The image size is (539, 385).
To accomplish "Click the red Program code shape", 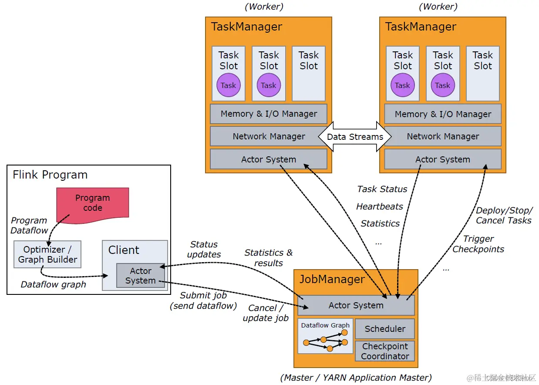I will pos(92,203).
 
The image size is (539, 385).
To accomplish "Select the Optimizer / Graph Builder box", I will pos(47,255).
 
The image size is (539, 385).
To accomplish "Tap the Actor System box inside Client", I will pos(140,276).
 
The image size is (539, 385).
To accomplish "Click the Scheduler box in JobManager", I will pos(385,329).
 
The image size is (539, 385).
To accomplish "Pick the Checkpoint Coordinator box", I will pos(385,351).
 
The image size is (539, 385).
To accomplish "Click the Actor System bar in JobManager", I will pos(356,305).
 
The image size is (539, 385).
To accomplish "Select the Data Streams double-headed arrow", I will pos(355,137).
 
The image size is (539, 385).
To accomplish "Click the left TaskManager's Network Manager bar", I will pos(269,136).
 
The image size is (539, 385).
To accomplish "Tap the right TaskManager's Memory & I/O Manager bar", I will pos(443,114).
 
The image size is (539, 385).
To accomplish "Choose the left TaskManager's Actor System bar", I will pos(269,159).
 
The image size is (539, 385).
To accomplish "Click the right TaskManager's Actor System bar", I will pos(443,159).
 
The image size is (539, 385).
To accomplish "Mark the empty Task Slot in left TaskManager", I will pos(309,74).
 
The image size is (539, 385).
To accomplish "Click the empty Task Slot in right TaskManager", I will pos(483,74).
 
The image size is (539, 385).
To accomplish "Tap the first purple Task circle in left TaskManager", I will pos(228,85).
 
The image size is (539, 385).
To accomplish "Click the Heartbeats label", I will pos(380,206).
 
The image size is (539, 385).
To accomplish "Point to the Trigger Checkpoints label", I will pos(478,244).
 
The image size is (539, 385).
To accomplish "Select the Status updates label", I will pos(204,250).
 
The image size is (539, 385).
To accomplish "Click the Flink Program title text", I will pos(50,175).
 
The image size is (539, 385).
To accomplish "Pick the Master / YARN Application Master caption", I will pos(356,378).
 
